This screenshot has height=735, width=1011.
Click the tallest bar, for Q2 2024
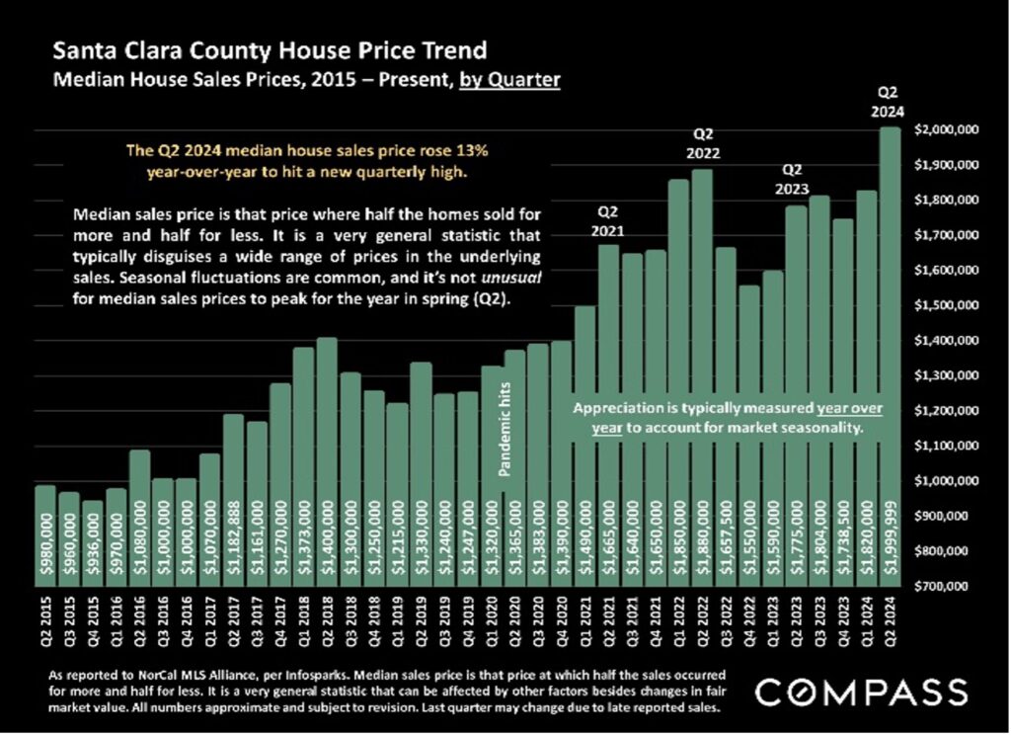(891, 356)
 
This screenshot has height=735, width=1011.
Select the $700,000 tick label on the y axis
(948, 586)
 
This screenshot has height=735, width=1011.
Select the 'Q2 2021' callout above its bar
(608, 220)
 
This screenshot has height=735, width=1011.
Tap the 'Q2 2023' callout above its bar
(796, 179)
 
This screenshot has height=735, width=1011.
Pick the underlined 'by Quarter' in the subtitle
(509, 77)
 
